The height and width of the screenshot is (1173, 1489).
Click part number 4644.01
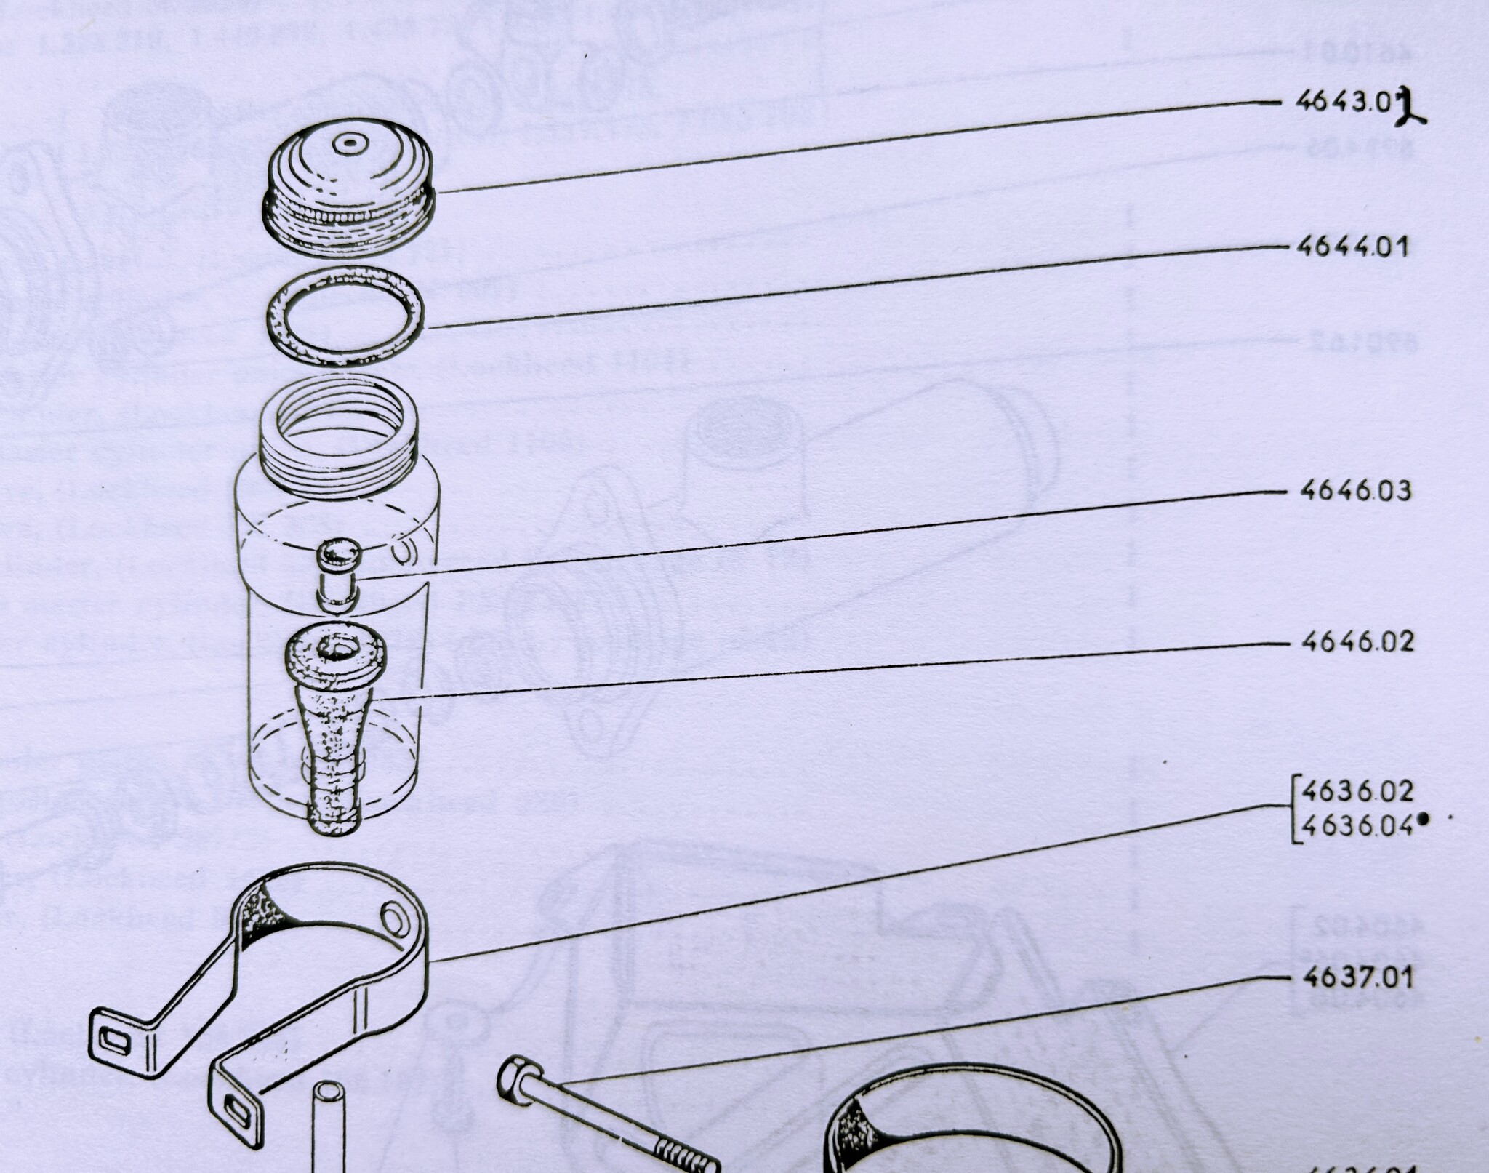tap(1352, 247)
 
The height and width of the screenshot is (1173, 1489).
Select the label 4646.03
tap(1355, 491)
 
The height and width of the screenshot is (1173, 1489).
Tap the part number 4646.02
tap(1357, 641)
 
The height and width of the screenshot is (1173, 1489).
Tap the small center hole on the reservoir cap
tap(350, 144)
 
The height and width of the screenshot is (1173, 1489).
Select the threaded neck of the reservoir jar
tap(339, 436)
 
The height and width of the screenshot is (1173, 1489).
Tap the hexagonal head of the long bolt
tap(519, 1081)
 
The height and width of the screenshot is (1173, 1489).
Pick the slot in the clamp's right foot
tap(236, 1110)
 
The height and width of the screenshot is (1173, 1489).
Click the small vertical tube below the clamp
tap(329, 1127)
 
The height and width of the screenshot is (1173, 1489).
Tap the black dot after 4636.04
tap(1423, 820)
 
